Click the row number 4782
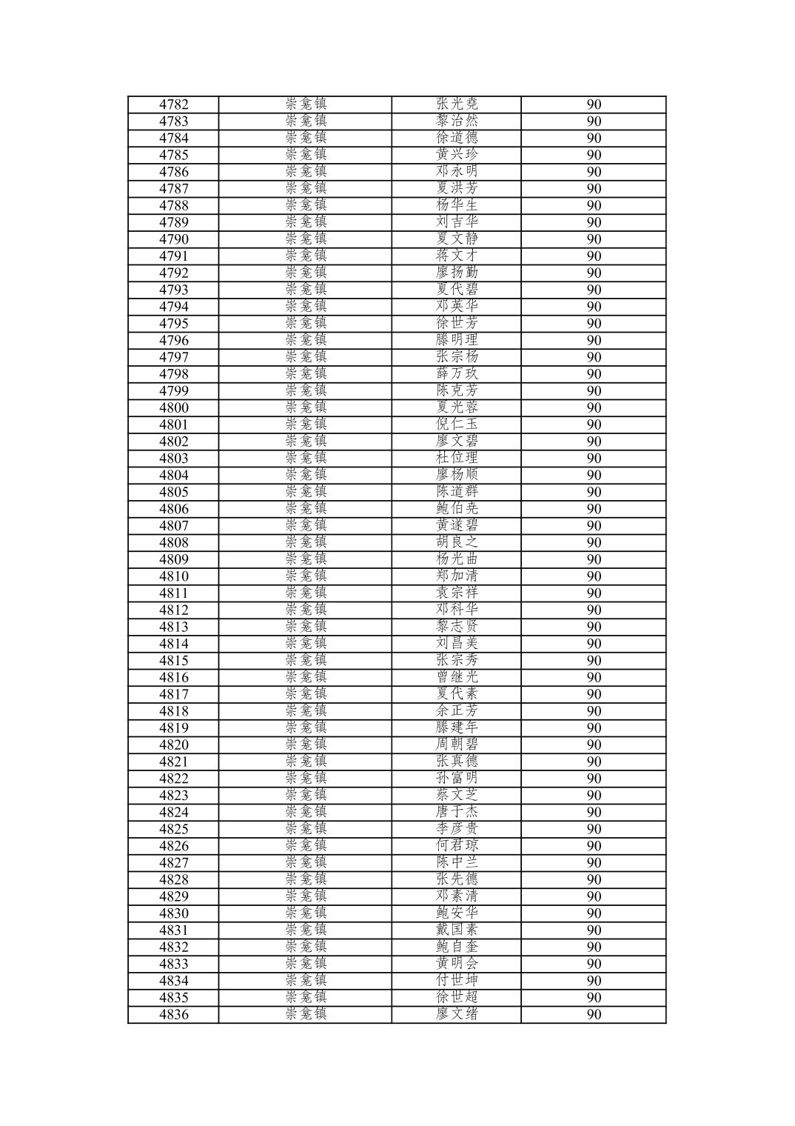pyautogui.click(x=173, y=104)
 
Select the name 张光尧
pyautogui.click(x=457, y=104)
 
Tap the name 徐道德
pyautogui.click(x=457, y=138)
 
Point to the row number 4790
pyautogui.click(x=173, y=239)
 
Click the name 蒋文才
pyautogui.click(x=457, y=256)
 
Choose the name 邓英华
pyautogui.click(x=457, y=307)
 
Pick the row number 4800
pyautogui.click(x=173, y=407)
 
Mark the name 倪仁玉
pyautogui.click(x=457, y=424)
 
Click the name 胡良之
pyautogui.click(x=457, y=542)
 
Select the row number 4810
pyautogui.click(x=173, y=576)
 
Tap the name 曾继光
pyautogui.click(x=457, y=677)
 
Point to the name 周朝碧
pyautogui.click(x=457, y=744)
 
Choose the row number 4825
pyautogui.click(x=173, y=829)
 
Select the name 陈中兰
pyautogui.click(x=457, y=862)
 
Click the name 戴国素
pyautogui.click(x=457, y=930)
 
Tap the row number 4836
pyautogui.click(x=173, y=1014)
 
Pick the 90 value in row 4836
pyautogui.click(x=594, y=1014)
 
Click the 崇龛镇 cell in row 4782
pyautogui.click(x=305, y=104)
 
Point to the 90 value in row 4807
pyautogui.click(x=594, y=526)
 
